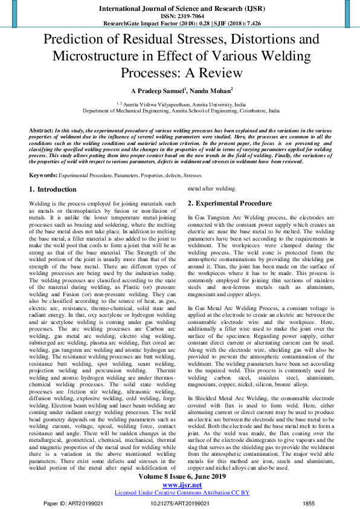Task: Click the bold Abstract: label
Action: click(41, 131)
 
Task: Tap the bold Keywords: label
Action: click(43, 175)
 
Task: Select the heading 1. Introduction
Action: click(53, 189)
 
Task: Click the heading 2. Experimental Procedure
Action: click(230, 203)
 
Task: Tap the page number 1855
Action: click(308, 503)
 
